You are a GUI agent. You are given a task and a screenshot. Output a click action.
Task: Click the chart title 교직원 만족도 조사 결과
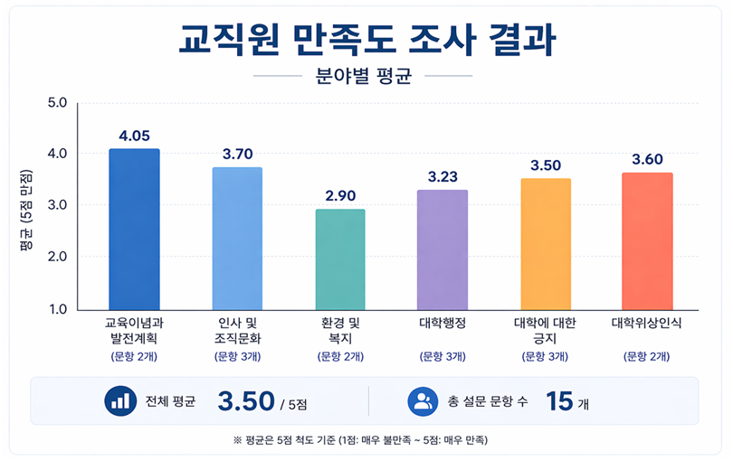tap(366, 39)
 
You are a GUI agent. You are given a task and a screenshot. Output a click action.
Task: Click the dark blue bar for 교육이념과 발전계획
tap(134, 230)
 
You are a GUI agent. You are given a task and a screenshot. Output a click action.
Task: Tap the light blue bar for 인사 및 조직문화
tap(237, 239)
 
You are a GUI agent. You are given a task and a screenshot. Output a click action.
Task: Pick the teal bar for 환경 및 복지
tap(340, 259)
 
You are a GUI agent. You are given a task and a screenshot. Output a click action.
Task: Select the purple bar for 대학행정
tap(443, 249)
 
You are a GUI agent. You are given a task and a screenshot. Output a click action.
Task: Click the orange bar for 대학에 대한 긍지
tap(545, 244)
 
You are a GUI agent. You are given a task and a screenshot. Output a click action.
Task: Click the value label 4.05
tap(134, 136)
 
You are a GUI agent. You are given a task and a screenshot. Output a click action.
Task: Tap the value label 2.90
tap(340, 196)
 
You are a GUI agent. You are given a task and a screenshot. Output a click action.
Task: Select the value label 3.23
tap(443, 177)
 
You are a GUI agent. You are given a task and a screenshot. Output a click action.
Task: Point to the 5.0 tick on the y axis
tap(57, 102)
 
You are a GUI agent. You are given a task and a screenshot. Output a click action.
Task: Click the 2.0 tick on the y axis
tap(57, 258)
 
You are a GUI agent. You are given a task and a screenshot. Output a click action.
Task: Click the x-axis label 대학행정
tap(443, 323)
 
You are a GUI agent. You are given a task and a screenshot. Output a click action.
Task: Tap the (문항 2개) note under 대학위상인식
tap(647, 356)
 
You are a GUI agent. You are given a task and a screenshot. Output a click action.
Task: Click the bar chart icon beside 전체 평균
tap(119, 400)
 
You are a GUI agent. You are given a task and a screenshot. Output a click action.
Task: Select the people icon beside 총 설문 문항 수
tap(423, 400)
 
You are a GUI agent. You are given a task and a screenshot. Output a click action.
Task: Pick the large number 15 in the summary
tap(559, 401)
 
